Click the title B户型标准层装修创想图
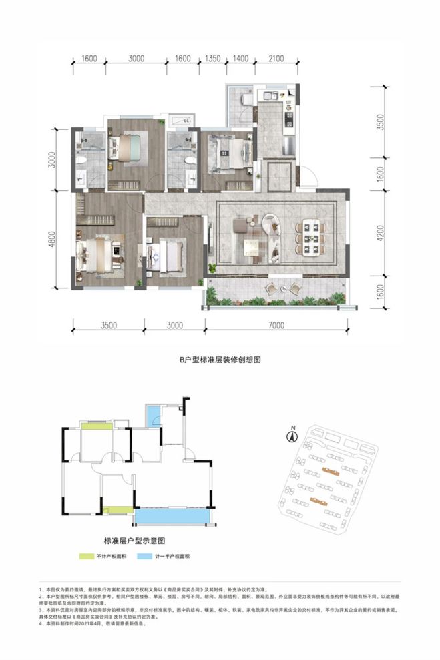220,359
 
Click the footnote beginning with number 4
93,623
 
